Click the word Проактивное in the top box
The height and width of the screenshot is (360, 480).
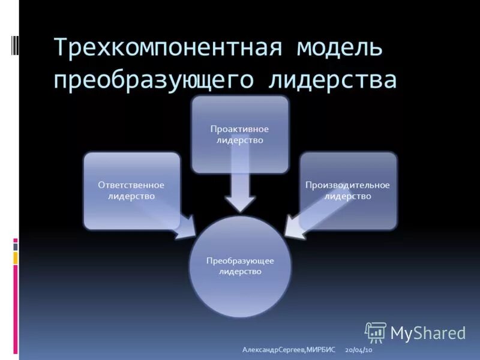(x=239, y=129)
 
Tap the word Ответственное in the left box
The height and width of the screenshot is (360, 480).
(x=131, y=185)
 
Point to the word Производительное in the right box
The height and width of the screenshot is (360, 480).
(x=348, y=185)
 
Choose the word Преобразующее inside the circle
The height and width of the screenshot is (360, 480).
(x=240, y=261)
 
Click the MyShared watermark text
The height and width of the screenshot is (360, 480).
(x=428, y=333)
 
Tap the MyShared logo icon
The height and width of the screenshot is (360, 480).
(x=375, y=332)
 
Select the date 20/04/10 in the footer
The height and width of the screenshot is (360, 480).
(x=359, y=350)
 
